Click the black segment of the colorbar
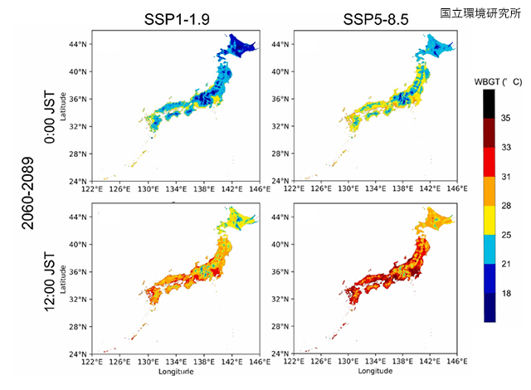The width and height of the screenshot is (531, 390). (490, 104)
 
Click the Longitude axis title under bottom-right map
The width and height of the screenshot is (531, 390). (371, 372)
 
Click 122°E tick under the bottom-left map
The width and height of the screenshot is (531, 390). (92, 362)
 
